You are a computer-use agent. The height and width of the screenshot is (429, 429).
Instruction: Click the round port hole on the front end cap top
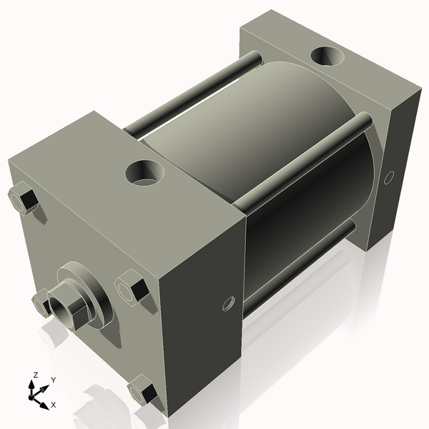click(x=144, y=173)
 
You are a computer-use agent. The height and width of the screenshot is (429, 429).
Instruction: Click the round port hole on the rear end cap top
click(x=327, y=56)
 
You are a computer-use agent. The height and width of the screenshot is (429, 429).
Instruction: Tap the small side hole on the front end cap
click(x=229, y=304)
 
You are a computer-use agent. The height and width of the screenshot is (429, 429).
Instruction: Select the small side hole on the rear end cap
click(x=389, y=177)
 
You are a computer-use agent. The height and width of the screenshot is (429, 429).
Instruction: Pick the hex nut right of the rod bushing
click(x=132, y=287)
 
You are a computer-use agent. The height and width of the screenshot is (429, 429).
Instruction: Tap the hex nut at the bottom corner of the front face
click(x=142, y=390)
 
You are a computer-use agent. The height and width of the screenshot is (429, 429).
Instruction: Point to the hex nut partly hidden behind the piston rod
click(x=41, y=302)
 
